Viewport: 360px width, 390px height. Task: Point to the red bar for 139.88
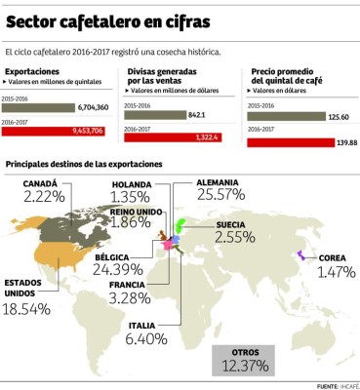click(289, 142)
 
